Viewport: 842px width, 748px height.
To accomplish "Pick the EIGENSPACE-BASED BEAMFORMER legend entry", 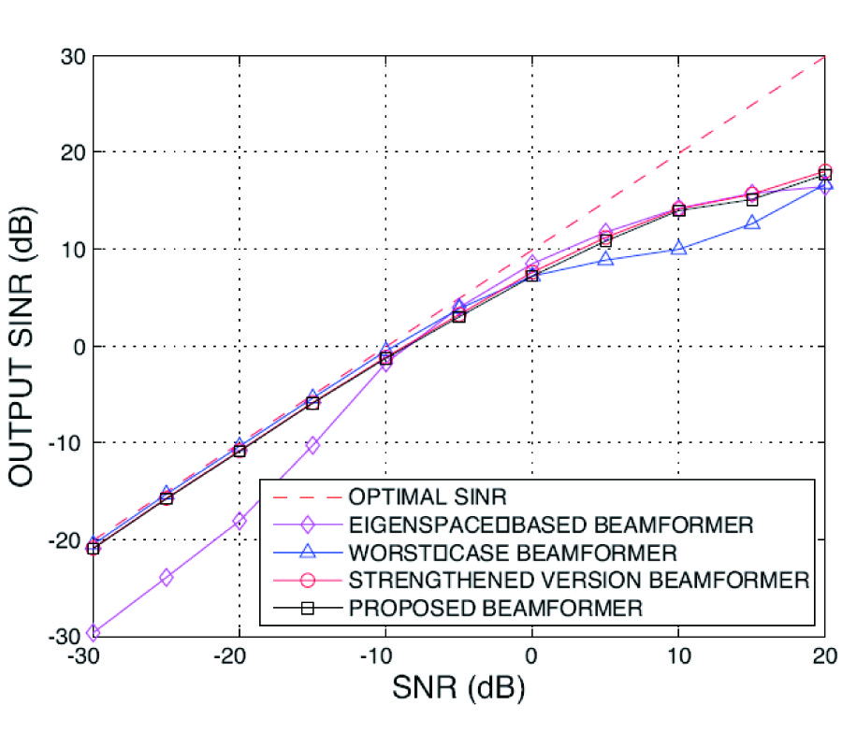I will click(x=550, y=523).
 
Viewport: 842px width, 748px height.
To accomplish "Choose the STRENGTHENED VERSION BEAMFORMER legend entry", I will click(x=578, y=580).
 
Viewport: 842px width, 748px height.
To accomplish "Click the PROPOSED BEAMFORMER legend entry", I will click(x=495, y=608).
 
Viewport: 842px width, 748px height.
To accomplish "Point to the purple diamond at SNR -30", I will click(x=93, y=634).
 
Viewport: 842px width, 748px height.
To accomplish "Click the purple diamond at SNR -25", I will click(x=166, y=577).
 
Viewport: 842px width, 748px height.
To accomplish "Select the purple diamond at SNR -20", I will click(x=240, y=521).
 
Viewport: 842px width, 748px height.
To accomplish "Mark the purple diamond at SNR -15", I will click(x=312, y=445).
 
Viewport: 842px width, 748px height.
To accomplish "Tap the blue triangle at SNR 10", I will click(x=678, y=248).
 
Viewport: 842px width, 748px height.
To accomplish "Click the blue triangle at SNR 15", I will click(x=751, y=223).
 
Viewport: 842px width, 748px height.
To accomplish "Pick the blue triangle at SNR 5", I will click(x=605, y=259).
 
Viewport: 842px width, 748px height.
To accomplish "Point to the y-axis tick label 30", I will click(x=75, y=56).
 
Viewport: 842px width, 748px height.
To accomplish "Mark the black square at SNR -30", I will click(x=93, y=548).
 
